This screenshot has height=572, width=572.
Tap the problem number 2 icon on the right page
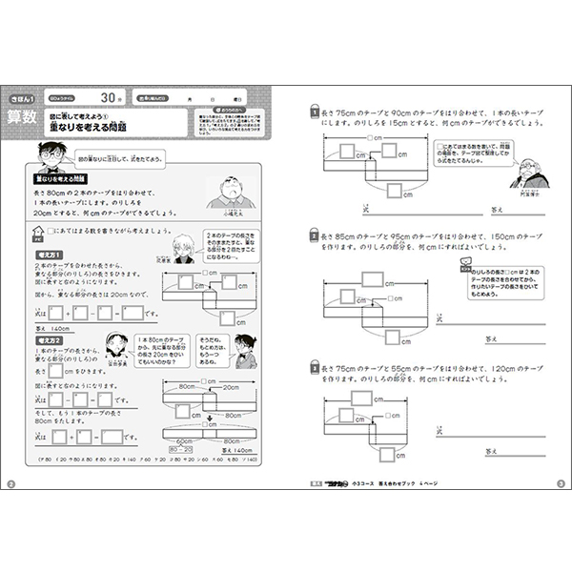click(x=314, y=234)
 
